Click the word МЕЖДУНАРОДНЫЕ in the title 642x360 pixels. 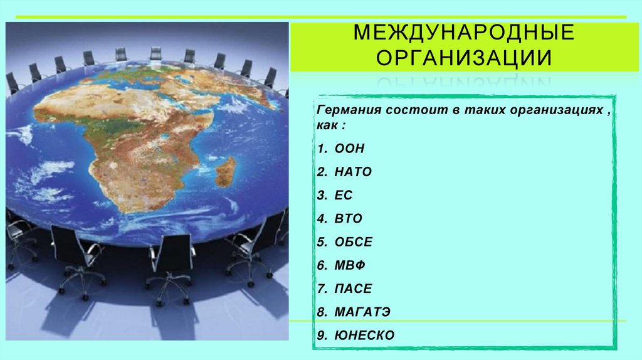(x=464, y=32)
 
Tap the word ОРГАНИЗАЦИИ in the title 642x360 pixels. (x=464, y=58)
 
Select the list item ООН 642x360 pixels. (x=349, y=149)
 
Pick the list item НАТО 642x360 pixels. (x=353, y=172)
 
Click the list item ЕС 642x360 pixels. (x=344, y=196)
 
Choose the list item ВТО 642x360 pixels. (x=349, y=219)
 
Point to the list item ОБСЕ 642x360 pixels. (x=353, y=242)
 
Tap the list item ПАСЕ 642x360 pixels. (x=353, y=289)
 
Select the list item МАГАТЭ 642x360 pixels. (x=362, y=312)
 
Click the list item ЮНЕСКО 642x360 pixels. (x=364, y=336)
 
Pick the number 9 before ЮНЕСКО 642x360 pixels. (x=320, y=336)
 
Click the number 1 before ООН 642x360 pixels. (x=320, y=149)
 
